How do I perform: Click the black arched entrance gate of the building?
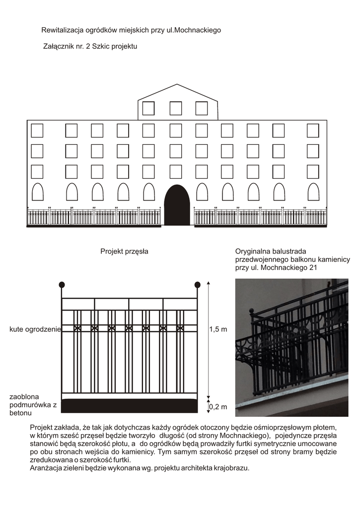point(177,206)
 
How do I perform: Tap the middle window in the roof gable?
point(176,108)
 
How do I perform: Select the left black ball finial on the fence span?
point(62,285)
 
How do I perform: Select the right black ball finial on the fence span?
point(197,285)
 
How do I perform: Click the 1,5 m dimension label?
point(218,329)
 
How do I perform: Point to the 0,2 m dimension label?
point(218,407)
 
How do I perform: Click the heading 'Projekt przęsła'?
point(124,252)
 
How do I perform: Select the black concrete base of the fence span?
point(129,405)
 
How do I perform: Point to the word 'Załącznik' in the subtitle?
point(61,47)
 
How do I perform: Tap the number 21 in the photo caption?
point(312,268)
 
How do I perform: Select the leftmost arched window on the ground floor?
point(37,192)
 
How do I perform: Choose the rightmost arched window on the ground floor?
point(313,192)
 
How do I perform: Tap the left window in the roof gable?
point(148,108)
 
